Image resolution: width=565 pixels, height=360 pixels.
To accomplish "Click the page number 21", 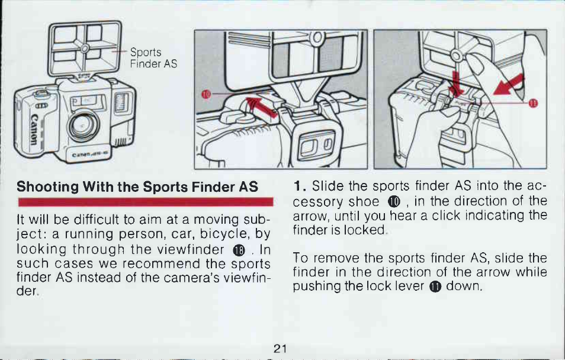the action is coord(280,349).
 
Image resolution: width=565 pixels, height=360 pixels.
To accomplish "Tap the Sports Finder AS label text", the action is coord(153,57).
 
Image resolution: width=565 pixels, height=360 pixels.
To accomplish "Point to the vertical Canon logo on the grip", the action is coord(33,128).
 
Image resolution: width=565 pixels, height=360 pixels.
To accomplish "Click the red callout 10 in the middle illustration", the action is coord(206,95).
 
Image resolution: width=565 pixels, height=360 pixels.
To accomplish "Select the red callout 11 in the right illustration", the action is coord(533,103).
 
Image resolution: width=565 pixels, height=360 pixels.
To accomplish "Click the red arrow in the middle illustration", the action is coord(261,107).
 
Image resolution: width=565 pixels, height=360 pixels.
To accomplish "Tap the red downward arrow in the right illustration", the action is coord(456,84).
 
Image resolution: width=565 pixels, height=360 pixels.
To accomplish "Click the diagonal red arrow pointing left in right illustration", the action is coord(508,85).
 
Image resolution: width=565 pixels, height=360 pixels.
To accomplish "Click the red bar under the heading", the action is coord(146,202).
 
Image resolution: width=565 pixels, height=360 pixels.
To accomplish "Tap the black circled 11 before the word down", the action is coord(435,287).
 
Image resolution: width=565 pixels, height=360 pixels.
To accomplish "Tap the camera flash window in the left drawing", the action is coord(121,102).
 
